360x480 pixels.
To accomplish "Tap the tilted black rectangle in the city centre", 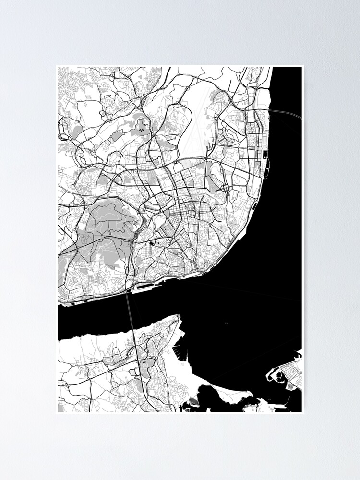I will tap(153, 244).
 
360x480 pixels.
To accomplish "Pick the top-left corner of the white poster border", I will tap(56, 65).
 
